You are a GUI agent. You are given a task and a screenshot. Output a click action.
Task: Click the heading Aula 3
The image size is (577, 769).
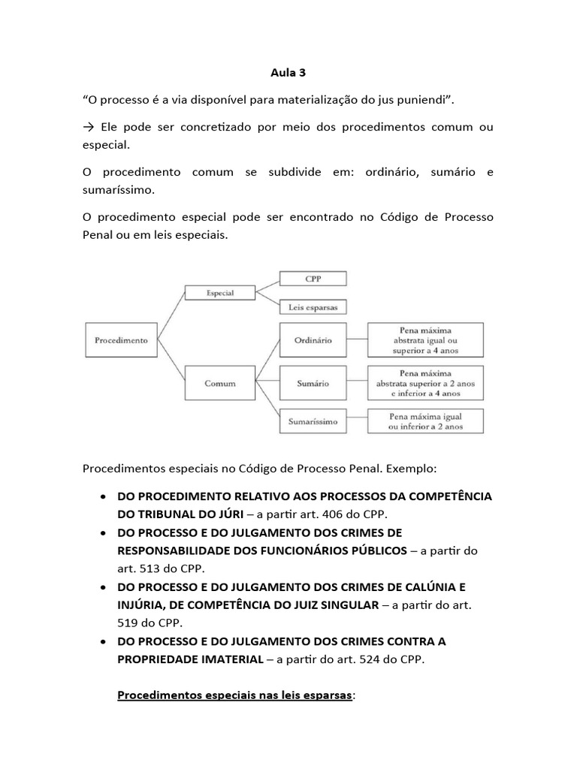tap(288, 74)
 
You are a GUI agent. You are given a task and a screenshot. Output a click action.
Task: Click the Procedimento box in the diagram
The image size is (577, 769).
tap(121, 339)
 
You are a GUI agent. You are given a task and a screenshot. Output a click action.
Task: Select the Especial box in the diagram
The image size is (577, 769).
tap(219, 294)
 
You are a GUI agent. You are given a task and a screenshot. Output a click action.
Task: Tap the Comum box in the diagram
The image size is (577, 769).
tap(219, 383)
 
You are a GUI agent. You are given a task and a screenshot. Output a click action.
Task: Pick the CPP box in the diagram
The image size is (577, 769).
tap(313, 279)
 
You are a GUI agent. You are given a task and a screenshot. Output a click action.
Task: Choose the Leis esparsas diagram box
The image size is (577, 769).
tap(313, 306)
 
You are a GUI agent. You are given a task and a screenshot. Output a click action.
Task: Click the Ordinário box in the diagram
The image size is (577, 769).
tap(313, 339)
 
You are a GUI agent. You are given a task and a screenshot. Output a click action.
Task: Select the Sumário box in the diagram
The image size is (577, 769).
tap(313, 383)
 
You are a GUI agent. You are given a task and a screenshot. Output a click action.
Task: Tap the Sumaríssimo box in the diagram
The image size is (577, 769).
tap(313, 422)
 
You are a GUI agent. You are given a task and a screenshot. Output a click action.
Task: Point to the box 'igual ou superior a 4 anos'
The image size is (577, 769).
tap(425, 339)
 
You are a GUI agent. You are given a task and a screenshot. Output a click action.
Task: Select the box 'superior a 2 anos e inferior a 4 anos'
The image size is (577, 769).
tap(425, 383)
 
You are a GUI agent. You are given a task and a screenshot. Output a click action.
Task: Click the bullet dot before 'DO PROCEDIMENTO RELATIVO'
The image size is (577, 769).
tap(101, 497)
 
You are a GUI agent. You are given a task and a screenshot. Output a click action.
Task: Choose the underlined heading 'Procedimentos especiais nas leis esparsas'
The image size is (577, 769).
tap(234, 695)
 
